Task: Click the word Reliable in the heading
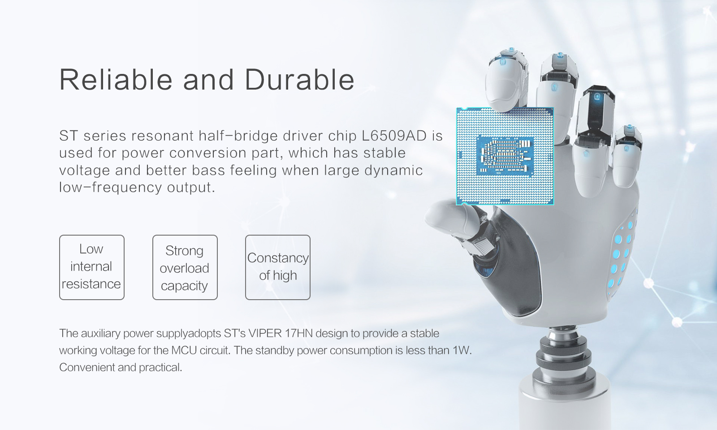[x=116, y=79]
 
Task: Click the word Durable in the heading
[x=300, y=79]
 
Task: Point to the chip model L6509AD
[x=394, y=136]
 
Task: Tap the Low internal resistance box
[x=91, y=267]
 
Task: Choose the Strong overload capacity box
[x=185, y=267]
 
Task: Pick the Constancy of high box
[x=278, y=267]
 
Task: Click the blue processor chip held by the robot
[x=505, y=156]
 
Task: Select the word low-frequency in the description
[x=111, y=187]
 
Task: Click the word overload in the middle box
[x=184, y=268]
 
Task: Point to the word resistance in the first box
[x=91, y=284]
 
